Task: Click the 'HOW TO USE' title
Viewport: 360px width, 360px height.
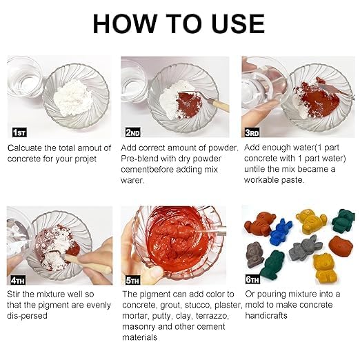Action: click(x=179, y=23)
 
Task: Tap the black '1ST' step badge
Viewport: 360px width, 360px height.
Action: click(x=21, y=132)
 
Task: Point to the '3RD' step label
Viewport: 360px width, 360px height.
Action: click(x=251, y=132)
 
